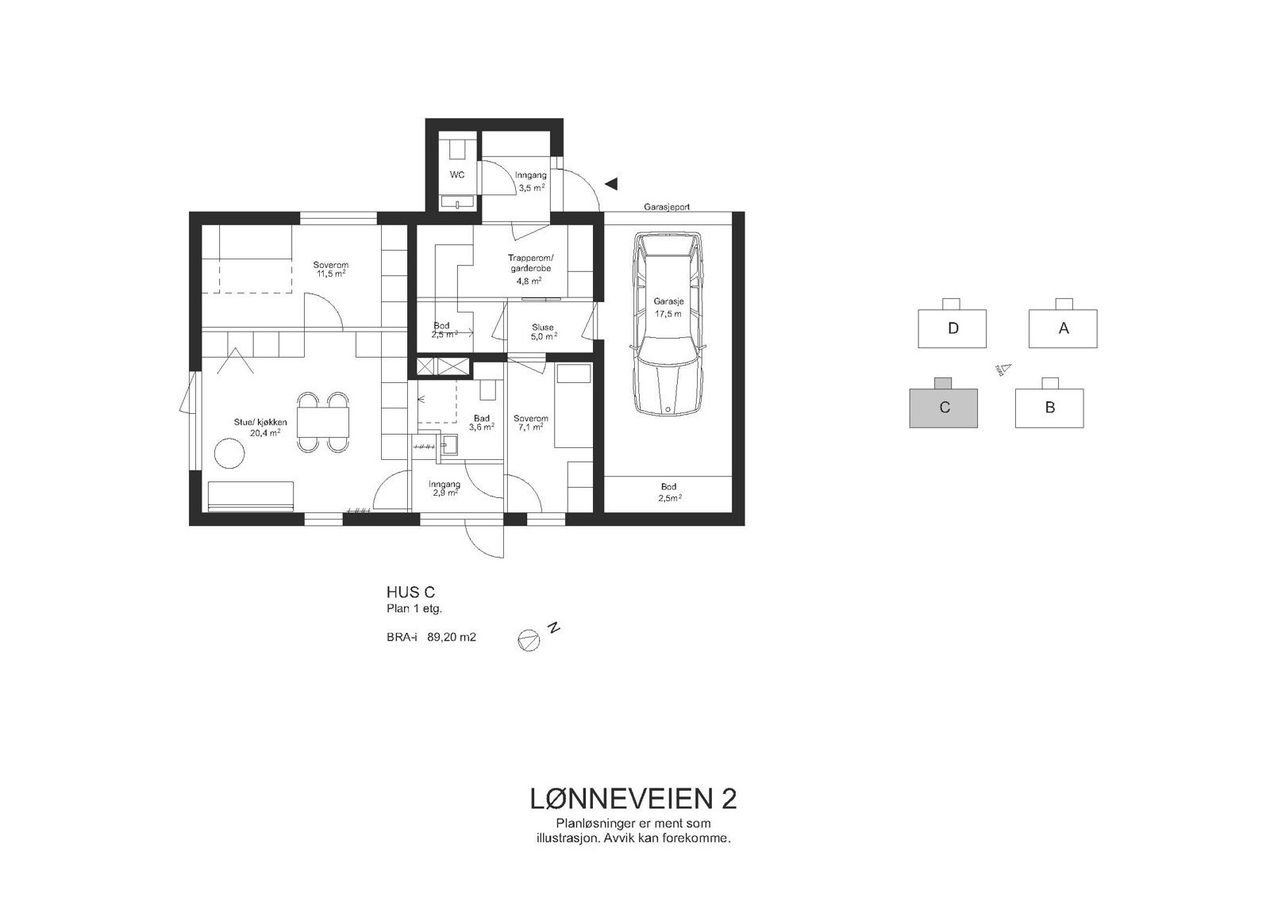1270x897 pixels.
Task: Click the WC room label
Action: tap(456, 174)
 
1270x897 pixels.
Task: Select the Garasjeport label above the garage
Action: tap(667, 206)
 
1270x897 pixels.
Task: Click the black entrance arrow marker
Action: tap(611, 184)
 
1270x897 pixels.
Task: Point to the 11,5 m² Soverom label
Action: tap(330, 269)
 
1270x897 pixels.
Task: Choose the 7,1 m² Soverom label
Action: tap(530, 423)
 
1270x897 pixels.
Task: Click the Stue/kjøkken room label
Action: tap(260, 427)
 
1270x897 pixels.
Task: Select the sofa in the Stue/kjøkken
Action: tap(251, 496)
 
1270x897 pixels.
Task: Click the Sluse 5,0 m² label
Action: tap(543, 332)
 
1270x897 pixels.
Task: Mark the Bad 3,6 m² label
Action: tap(481, 423)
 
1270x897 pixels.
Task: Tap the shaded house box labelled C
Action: tap(943, 408)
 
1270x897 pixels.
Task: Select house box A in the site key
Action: tap(1063, 328)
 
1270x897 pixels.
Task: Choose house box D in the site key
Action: tap(952, 328)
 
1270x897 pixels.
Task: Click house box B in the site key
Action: tap(1049, 408)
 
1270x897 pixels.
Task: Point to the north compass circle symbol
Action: tap(528, 640)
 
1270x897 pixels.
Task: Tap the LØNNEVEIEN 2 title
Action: tap(633, 799)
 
